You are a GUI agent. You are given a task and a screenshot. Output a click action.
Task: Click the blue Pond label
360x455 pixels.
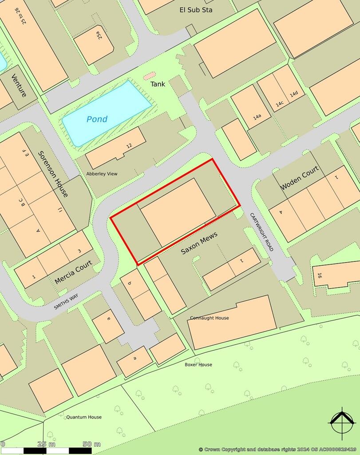pos(97,119)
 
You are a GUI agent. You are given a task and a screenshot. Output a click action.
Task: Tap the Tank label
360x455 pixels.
pos(158,84)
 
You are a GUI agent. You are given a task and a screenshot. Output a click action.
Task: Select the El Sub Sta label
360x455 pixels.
pos(196,9)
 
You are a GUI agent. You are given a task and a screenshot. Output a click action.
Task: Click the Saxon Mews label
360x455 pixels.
pos(198,243)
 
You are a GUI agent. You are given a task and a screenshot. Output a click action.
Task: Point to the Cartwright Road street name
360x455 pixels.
pos(261,232)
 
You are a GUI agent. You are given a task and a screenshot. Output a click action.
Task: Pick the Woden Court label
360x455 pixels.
pos(300,178)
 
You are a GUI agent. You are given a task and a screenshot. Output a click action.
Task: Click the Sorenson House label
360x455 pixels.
pos(53,174)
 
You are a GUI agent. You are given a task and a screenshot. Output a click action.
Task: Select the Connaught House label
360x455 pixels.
pos(210,318)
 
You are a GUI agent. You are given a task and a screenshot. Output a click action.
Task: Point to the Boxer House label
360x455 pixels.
pos(198,365)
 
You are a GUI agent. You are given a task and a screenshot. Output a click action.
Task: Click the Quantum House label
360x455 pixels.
pos(84,417)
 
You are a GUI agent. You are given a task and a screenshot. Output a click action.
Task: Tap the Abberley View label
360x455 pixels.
pos(102,174)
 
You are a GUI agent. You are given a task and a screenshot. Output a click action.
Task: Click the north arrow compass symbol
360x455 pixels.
pos(341,423)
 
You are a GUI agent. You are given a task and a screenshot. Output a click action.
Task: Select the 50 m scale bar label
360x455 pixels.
pos(91,444)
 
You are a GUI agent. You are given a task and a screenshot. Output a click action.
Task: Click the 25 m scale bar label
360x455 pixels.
pos(46,444)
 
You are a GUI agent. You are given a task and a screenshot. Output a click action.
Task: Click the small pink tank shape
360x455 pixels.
pos(149,76)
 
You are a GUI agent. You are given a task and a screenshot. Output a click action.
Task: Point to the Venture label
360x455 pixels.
pos(19,85)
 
